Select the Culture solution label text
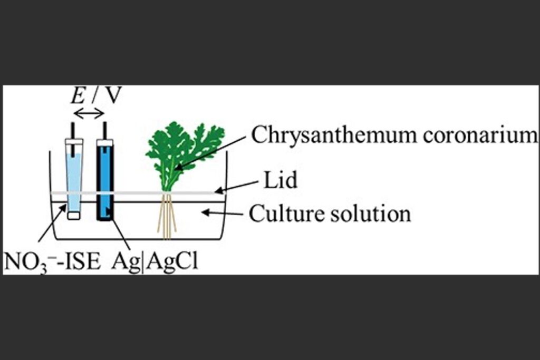pos(330,214)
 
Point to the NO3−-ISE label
pos(52,262)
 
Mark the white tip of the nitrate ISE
pos(74,215)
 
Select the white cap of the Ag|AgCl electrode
pos(105,142)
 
